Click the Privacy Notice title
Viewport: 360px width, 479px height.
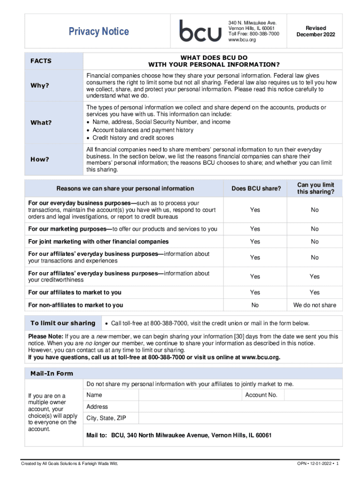pyautogui.click(x=99, y=32)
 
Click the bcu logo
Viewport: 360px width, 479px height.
pyautogui.click(x=201, y=31)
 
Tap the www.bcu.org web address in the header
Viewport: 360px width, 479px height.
pyautogui.click(x=242, y=40)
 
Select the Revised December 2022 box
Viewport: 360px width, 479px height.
pyautogui.click(x=316, y=31)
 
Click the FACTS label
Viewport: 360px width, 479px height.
pyautogui.click(x=41, y=61)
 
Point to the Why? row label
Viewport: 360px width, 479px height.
pyautogui.click(x=40, y=86)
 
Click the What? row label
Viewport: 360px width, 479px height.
pyautogui.click(x=41, y=123)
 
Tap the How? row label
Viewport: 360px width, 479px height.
pyautogui.click(x=40, y=159)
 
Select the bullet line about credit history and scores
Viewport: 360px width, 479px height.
pyautogui.click(x=133, y=138)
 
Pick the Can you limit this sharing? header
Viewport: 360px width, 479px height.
pyautogui.click(x=315, y=189)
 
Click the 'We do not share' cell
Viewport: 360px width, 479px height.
pyautogui.click(x=315, y=305)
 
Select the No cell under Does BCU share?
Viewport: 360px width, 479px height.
pyautogui.click(x=255, y=305)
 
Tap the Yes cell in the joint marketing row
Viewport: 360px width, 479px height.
pyautogui.click(x=255, y=242)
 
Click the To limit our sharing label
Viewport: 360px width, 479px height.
pyautogui.click(x=63, y=323)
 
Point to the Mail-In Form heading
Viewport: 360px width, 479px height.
pyautogui.click(x=51, y=374)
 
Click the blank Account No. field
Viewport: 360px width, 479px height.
pyautogui.click(x=313, y=395)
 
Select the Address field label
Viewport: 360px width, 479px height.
pyautogui.click(x=97, y=407)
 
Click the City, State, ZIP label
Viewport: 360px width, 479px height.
pyautogui.click(x=106, y=418)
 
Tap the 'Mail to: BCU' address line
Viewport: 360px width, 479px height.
pyautogui.click(x=179, y=435)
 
